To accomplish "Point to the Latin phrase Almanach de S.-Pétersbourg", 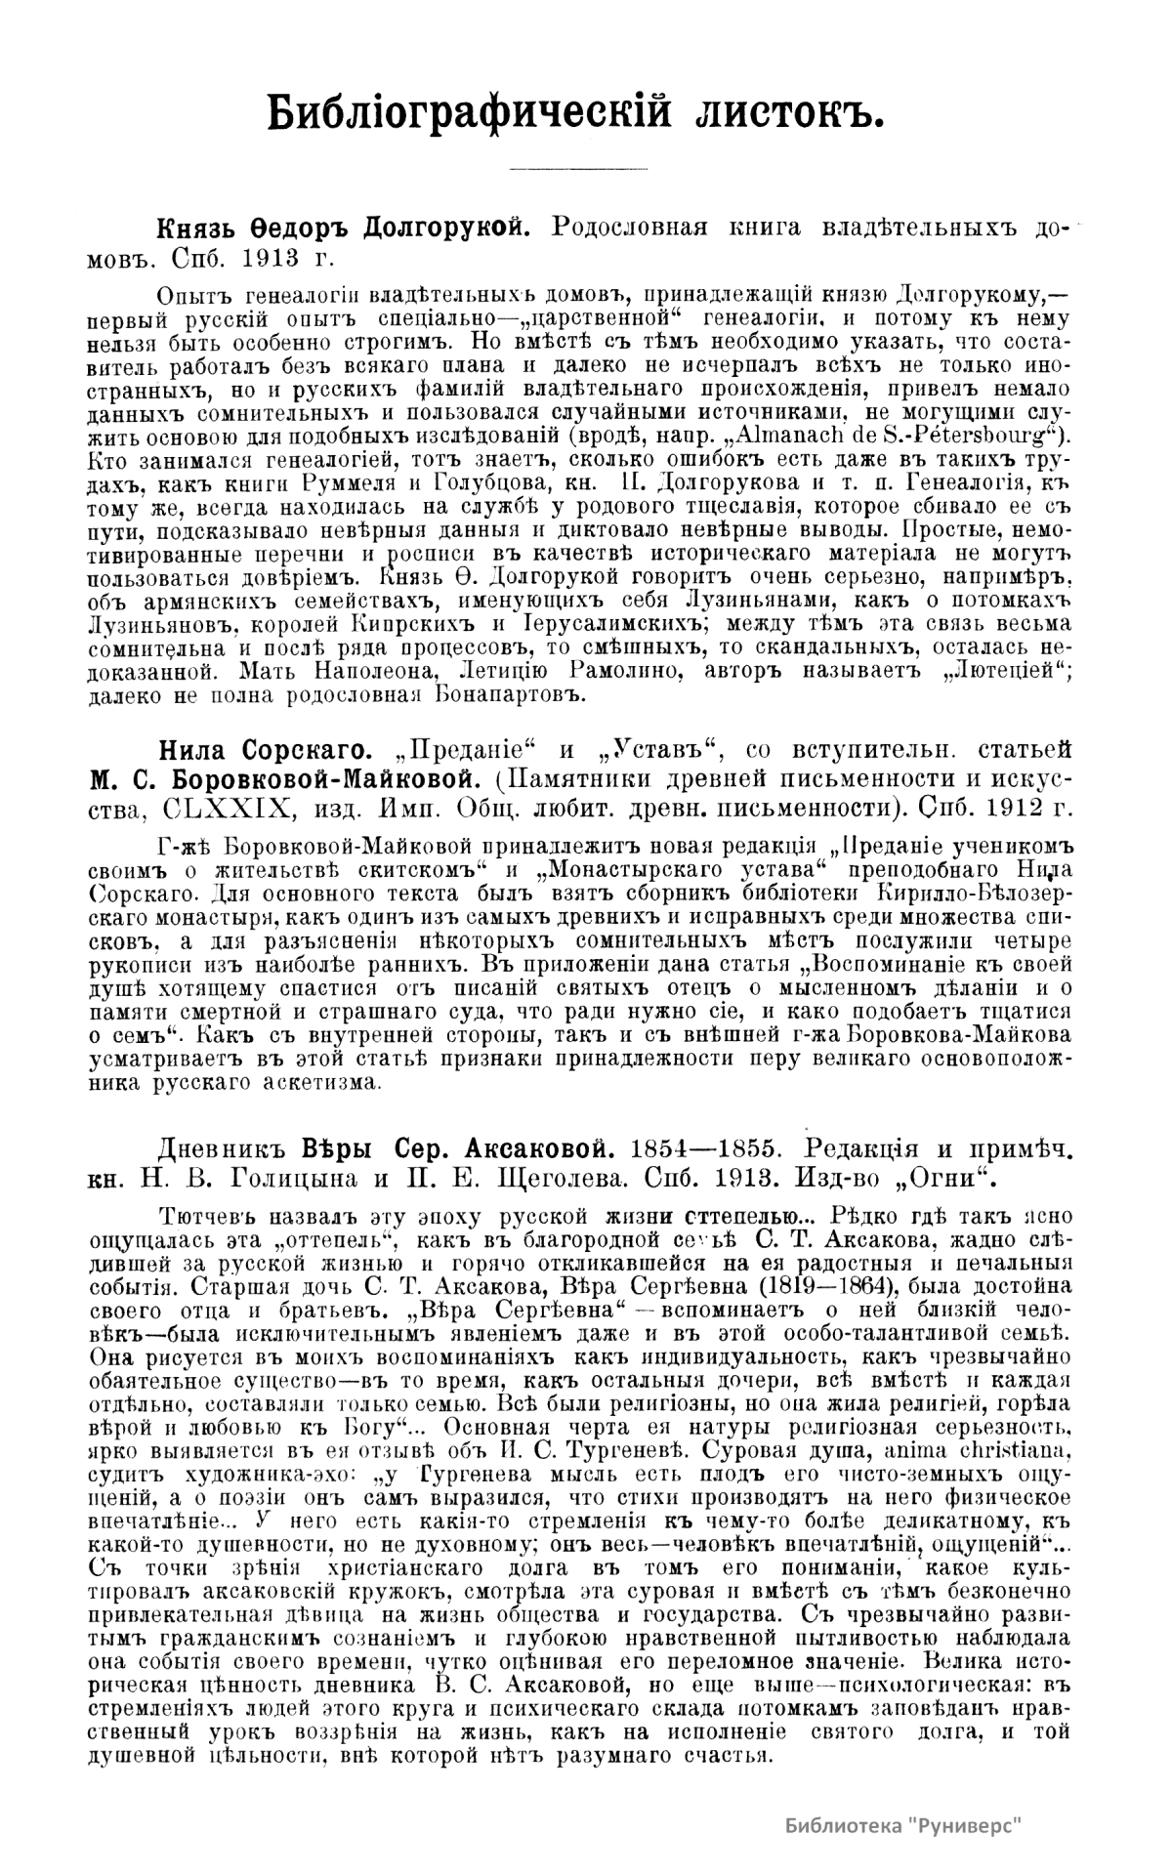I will (897, 432).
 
